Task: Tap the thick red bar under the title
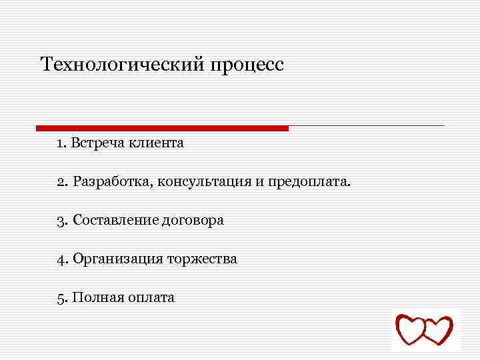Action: pos(162,128)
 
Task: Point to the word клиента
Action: pos(155,143)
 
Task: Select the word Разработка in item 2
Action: pos(112,182)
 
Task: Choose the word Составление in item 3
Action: pos(115,220)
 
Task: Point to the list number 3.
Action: pos(61,220)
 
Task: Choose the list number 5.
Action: pos(61,297)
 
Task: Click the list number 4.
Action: pos(61,259)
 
